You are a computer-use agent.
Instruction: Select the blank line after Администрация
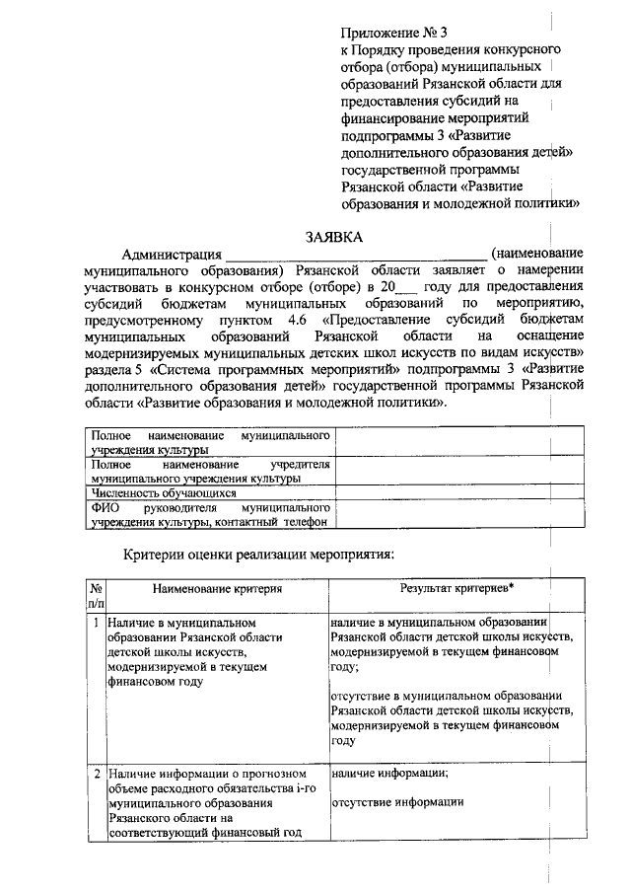[355, 256]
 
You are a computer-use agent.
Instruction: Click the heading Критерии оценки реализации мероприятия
[258, 555]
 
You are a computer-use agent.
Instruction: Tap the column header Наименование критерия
[217, 588]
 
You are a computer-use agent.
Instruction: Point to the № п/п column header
[96, 595]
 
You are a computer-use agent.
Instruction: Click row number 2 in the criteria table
[96, 774]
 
